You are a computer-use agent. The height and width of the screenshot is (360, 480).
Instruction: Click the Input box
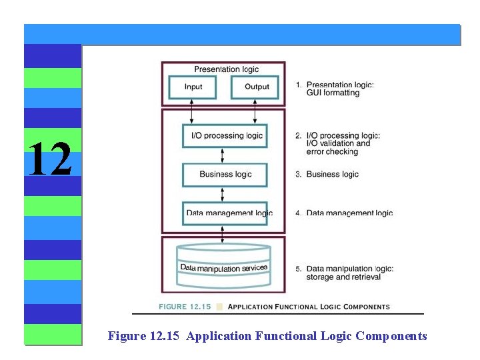193,87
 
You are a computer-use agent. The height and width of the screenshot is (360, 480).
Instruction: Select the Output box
257,87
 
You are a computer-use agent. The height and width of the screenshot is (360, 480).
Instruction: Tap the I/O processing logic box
225,135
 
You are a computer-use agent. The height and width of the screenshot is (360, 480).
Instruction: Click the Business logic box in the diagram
225,174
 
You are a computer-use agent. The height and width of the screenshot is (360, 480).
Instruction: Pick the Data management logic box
225,213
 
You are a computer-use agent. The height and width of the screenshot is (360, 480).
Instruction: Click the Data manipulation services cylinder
224,267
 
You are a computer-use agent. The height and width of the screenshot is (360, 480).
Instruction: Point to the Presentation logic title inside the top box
227,69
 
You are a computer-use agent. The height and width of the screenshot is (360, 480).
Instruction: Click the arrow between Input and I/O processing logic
193,111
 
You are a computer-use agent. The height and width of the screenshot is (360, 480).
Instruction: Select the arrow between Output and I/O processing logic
255,111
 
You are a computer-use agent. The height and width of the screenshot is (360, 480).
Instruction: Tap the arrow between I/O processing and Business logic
223,155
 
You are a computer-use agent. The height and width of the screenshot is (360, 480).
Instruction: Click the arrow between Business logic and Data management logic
223,194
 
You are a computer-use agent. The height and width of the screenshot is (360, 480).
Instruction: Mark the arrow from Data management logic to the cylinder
223,235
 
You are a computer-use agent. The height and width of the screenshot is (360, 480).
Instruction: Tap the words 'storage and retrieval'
343,277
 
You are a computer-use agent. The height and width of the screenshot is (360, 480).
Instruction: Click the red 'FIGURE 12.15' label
185,307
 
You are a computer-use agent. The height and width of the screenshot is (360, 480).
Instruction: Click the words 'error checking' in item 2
332,152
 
